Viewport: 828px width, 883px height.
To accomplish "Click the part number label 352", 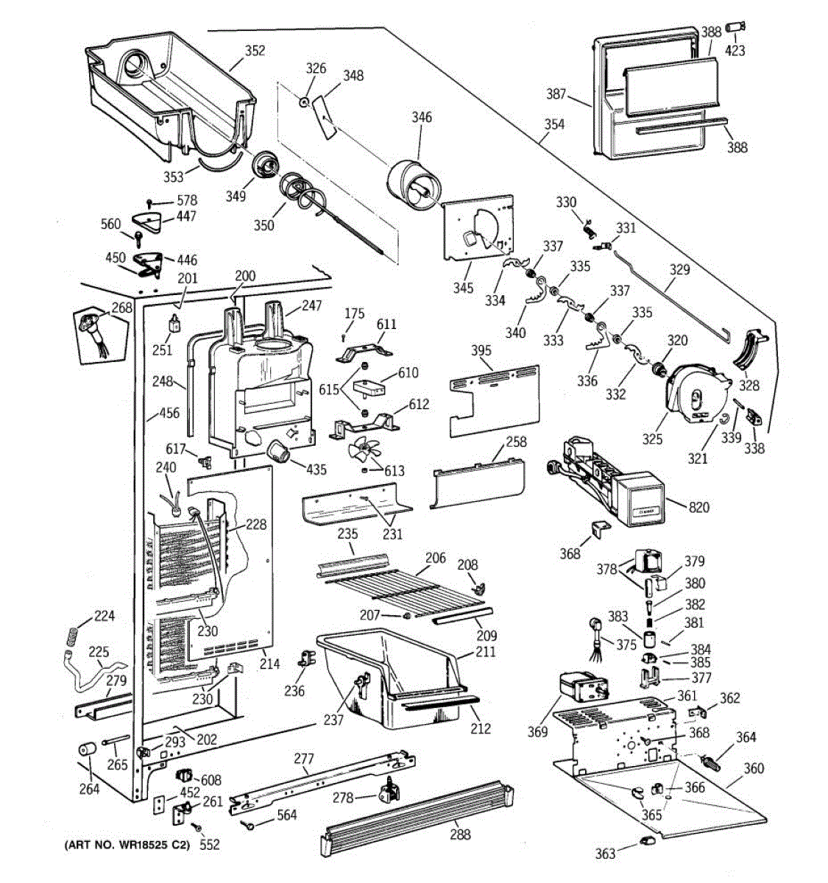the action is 255,51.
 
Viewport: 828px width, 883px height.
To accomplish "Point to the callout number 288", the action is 459,834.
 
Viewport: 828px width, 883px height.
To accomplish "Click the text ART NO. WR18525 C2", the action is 127,845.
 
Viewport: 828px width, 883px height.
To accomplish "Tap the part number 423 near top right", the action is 735,51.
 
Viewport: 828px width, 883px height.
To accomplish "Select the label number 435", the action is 316,469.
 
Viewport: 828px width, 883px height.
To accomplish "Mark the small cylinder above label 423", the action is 735,27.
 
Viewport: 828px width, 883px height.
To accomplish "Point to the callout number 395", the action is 481,350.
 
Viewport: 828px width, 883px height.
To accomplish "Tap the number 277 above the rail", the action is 304,759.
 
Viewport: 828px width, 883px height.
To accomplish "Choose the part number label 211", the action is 486,652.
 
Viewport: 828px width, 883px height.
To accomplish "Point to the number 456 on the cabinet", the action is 169,413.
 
